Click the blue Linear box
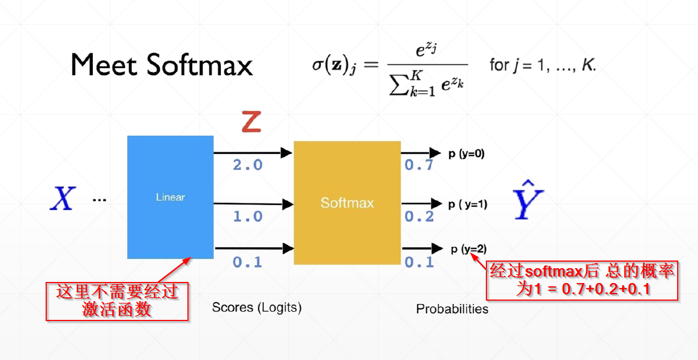pyautogui.click(x=170, y=197)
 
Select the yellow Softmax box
pyautogui.click(x=347, y=203)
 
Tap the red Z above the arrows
pyautogui.click(x=251, y=121)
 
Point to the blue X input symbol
pyautogui.click(x=62, y=198)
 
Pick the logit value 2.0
pyautogui.click(x=247, y=165)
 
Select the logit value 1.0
pyautogui.click(x=247, y=217)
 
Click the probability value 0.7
pyautogui.click(x=419, y=165)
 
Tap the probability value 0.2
pyautogui.click(x=419, y=217)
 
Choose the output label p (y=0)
pyautogui.click(x=466, y=154)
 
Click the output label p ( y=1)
pyautogui.click(x=468, y=204)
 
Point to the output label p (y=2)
pyautogui.click(x=468, y=249)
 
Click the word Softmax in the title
pyautogui.click(x=200, y=66)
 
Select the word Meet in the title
pyautogui.click(x=104, y=66)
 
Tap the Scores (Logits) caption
pyautogui.click(x=257, y=307)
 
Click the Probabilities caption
pyautogui.click(x=452, y=309)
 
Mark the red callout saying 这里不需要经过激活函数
pyautogui.click(x=117, y=301)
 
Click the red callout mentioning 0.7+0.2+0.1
pyautogui.click(x=582, y=280)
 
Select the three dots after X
pyautogui.click(x=99, y=200)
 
